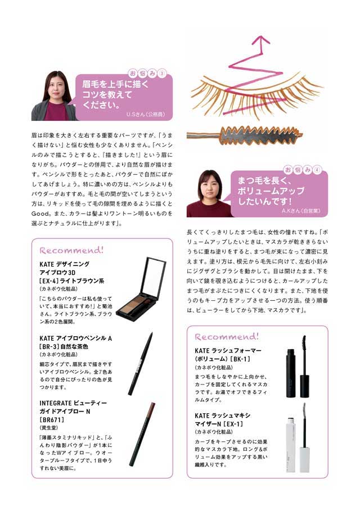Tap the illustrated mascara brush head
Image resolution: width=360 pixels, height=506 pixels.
click(262, 135)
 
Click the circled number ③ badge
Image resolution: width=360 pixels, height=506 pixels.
click(162, 74)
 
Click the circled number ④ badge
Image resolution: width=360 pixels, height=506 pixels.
click(317, 170)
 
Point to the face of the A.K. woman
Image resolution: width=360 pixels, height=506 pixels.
click(210, 186)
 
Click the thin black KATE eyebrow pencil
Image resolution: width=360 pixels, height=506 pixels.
click(141, 363)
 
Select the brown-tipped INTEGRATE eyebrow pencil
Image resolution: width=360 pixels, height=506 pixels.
click(143, 434)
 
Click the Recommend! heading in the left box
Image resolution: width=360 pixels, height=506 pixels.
click(71, 250)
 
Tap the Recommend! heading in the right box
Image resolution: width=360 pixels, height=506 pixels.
click(227, 337)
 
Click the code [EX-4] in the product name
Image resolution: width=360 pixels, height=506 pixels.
click(48, 281)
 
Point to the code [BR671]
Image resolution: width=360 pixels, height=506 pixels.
click(52, 420)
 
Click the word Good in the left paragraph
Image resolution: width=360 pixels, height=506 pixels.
click(40, 214)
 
